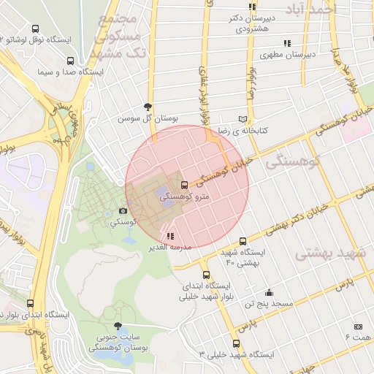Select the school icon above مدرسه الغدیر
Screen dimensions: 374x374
coord(170,236)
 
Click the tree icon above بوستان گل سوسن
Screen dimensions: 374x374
coord(149,106)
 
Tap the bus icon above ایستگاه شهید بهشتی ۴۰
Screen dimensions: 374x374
coord(243,241)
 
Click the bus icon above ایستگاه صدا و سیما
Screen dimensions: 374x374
coord(69,61)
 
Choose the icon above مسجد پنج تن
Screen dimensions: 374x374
coord(270,292)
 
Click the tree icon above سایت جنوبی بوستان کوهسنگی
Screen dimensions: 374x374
coord(118,327)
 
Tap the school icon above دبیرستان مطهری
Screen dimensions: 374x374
coord(288,43)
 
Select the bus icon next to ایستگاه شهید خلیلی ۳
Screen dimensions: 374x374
coord(236,343)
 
